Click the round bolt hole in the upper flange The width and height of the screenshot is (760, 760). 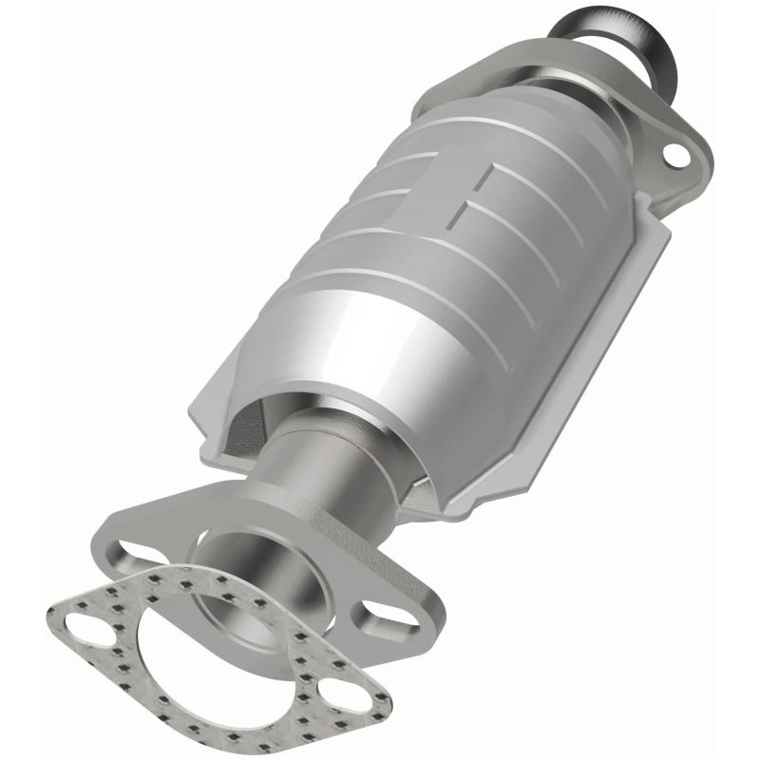[676, 152]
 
